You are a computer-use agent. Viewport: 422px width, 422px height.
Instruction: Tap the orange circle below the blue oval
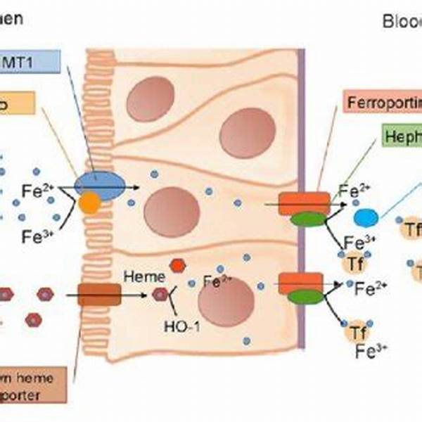[x=89, y=204]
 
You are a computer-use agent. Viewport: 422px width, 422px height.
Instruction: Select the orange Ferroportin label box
[x=384, y=103]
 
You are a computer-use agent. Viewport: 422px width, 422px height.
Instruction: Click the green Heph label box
[x=402, y=136]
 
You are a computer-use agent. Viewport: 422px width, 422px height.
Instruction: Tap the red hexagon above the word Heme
[x=179, y=265]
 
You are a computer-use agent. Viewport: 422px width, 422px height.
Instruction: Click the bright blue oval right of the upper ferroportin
[x=366, y=216]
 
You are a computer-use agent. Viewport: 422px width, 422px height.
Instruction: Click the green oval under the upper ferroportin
[x=309, y=219]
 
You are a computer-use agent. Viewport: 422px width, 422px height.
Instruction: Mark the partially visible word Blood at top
[x=402, y=20]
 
